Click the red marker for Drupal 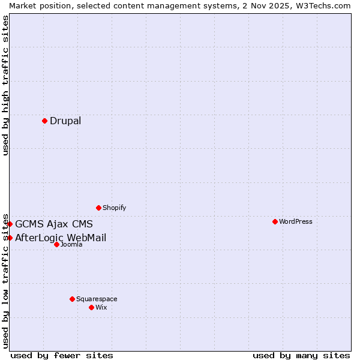point(44,121)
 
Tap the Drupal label point(65,121)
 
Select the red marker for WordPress point(275,221)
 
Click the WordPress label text point(296,221)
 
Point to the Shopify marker point(98,208)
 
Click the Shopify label point(114,208)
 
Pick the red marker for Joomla point(56,244)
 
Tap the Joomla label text point(71,244)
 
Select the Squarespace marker point(72,299)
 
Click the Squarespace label point(97,299)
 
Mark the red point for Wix point(91,307)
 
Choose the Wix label point(101,307)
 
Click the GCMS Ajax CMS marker point(10,224)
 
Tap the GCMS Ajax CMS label point(54,224)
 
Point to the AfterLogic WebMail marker point(10,238)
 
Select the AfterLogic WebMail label point(61,238)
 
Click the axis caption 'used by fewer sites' point(62,355)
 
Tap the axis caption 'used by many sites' point(301,355)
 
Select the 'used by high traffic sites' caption point(5,85)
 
